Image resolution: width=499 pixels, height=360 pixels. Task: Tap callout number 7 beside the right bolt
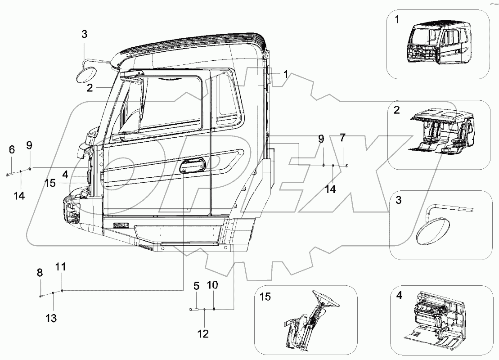[342, 137]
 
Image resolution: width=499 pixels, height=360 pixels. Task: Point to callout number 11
[61, 267]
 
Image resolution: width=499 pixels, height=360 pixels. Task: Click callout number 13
[52, 319]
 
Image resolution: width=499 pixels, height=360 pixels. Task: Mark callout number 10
[212, 285]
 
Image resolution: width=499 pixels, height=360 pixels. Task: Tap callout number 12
[203, 333]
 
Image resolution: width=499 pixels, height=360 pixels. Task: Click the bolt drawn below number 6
[12, 173]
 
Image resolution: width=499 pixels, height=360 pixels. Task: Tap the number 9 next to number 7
[321, 139]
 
